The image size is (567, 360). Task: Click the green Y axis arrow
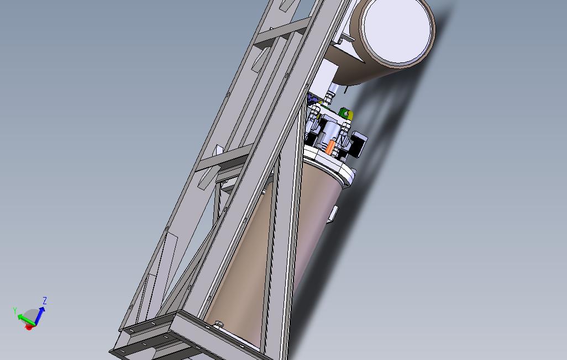tap(24, 317)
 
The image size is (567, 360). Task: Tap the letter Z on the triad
tap(45, 301)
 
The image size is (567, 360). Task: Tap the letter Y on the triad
tap(15, 311)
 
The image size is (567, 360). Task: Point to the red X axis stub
tap(29, 327)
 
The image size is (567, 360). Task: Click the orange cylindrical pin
tap(330, 147)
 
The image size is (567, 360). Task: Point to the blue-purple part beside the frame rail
tap(313, 100)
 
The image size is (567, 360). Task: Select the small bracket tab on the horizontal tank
tap(346, 39)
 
